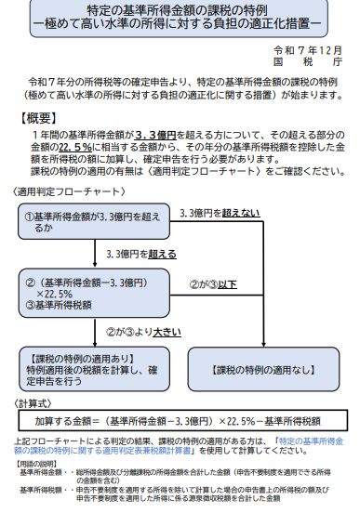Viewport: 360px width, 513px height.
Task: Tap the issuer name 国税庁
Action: coord(313,59)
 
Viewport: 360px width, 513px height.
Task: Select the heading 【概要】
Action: coord(40,118)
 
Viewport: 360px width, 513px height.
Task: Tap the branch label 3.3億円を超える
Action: coord(140,254)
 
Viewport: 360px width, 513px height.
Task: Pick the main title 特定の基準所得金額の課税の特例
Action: coord(179,9)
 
